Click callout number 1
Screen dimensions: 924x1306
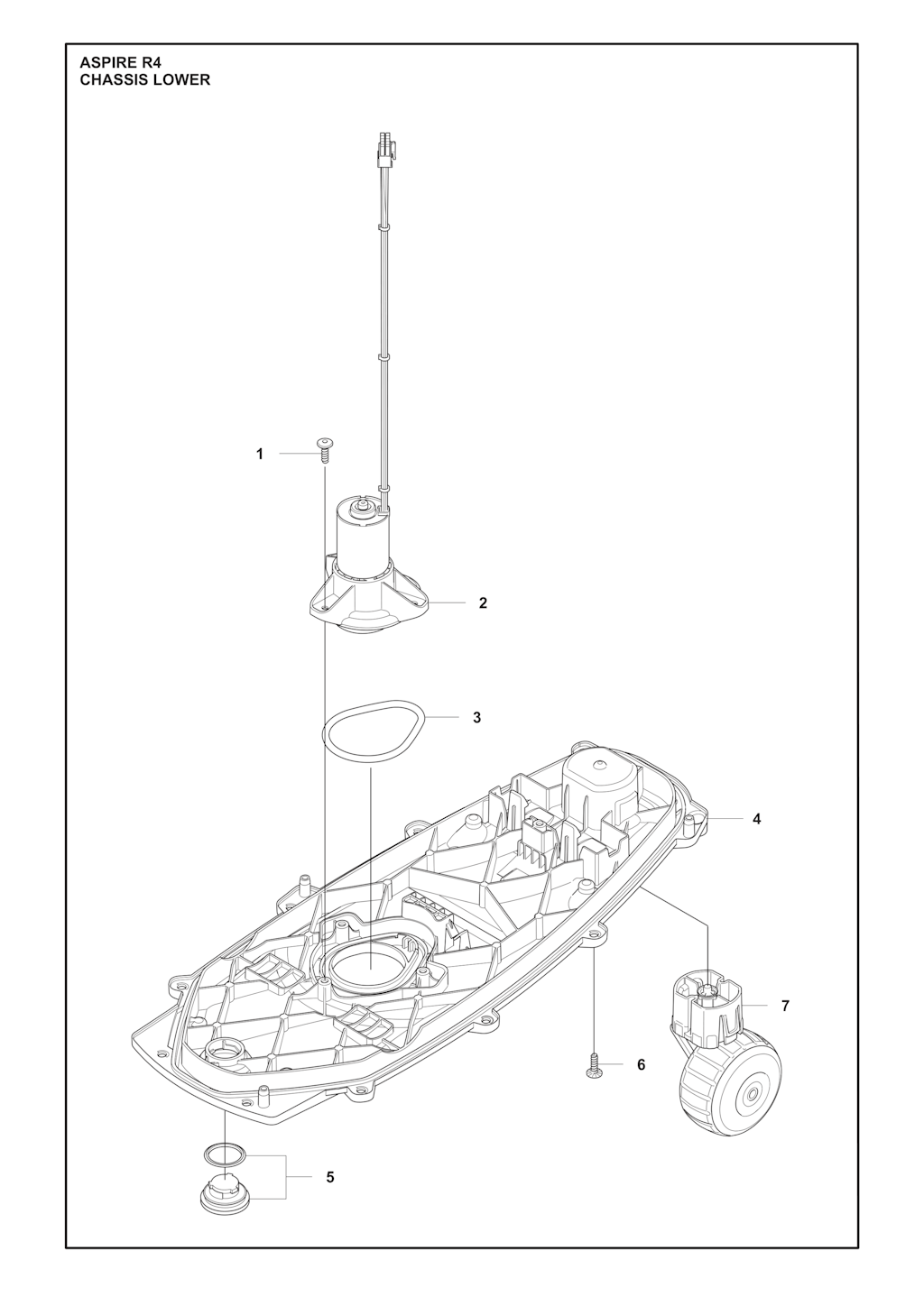coord(260,454)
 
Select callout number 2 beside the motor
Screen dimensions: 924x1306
coord(483,602)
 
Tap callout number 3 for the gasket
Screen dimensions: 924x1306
coord(476,717)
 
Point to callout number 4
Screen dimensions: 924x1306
coord(756,819)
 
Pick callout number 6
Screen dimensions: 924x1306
coord(641,1065)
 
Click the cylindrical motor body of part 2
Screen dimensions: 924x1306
coord(361,539)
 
